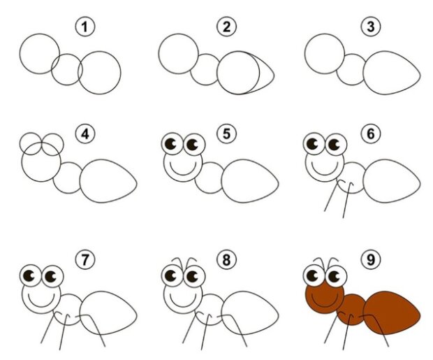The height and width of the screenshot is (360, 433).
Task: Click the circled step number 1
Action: tap(85, 27)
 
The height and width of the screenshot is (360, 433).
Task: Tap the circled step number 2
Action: tap(226, 27)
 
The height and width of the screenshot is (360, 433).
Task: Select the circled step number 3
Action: tap(371, 27)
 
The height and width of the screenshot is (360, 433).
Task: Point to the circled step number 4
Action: tap(85, 134)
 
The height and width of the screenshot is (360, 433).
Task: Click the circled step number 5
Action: tap(226, 134)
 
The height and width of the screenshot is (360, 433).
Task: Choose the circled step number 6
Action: tap(371, 134)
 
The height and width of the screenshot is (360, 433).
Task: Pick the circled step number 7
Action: tap(85, 259)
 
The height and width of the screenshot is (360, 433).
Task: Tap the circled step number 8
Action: tap(226, 260)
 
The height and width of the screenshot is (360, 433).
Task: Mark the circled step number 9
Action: tap(371, 259)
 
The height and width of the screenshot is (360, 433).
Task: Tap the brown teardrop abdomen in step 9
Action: tap(392, 312)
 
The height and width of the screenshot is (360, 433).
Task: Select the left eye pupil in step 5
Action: tap(171, 144)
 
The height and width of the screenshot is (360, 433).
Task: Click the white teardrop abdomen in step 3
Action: tap(392, 73)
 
